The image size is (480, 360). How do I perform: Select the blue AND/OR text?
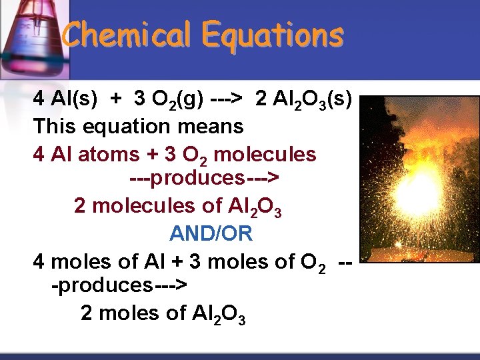click(211, 233)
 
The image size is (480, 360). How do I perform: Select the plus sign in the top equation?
click(117, 100)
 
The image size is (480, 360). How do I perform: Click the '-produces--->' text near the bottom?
click(120, 285)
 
